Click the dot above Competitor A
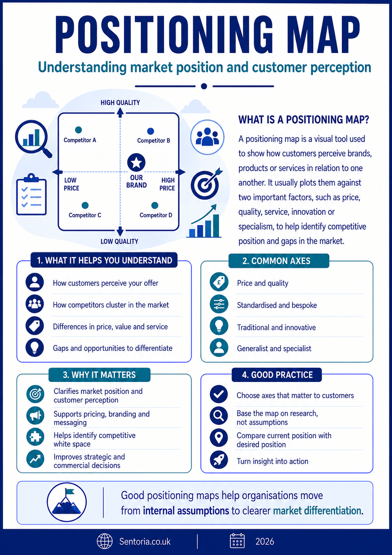(78, 130)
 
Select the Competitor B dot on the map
(150, 131)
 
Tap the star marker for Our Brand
(136, 163)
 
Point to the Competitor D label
(156, 215)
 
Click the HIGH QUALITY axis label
(120, 103)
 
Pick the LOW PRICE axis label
(71, 184)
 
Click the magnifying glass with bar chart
(34, 139)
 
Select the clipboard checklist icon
(32, 194)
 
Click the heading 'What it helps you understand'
(104, 261)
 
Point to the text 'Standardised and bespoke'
(277, 305)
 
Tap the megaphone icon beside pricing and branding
(35, 415)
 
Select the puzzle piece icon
(35, 437)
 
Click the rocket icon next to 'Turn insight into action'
(219, 460)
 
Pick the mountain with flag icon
(67, 502)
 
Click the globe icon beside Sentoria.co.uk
(105, 541)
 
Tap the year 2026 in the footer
(265, 542)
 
